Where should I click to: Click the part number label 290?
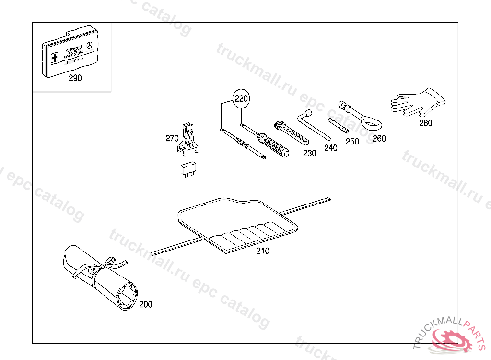tap(75, 78)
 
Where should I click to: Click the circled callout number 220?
tap(241, 99)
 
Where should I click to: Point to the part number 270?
tap(172, 138)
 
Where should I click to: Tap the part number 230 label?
tap(310, 153)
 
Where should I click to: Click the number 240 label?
tap(331, 148)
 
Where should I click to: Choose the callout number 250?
tap(352, 142)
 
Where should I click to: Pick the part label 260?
tap(379, 138)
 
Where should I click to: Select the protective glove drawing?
tap(417, 102)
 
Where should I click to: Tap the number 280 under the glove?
tap(425, 123)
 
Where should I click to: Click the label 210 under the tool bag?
tap(263, 251)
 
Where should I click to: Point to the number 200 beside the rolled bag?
tap(145, 304)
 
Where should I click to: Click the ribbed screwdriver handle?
tap(277, 146)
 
